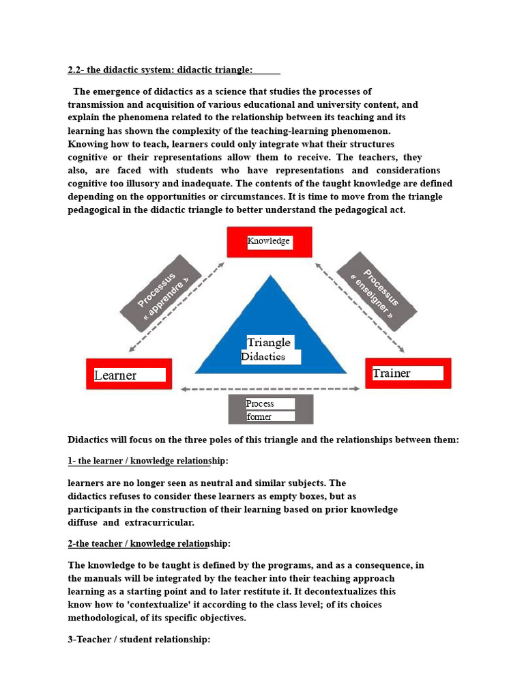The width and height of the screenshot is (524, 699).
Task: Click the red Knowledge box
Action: (x=270, y=242)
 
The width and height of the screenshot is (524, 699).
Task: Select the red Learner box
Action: (x=129, y=375)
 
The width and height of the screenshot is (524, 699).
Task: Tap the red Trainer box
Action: (x=408, y=373)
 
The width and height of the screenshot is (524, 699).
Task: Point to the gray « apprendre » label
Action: (x=161, y=293)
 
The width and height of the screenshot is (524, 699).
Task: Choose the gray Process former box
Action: (x=270, y=410)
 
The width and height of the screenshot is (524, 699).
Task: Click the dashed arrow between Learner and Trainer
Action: (x=270, y=389)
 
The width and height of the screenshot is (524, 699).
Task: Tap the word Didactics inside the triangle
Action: (x=263, y=357)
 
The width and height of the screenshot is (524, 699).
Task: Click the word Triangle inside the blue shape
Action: (x=269, y=343)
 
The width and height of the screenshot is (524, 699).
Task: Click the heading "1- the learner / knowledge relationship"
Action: (x=148, y=461)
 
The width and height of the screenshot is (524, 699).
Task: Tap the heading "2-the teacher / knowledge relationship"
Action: (x=149, y=543)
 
